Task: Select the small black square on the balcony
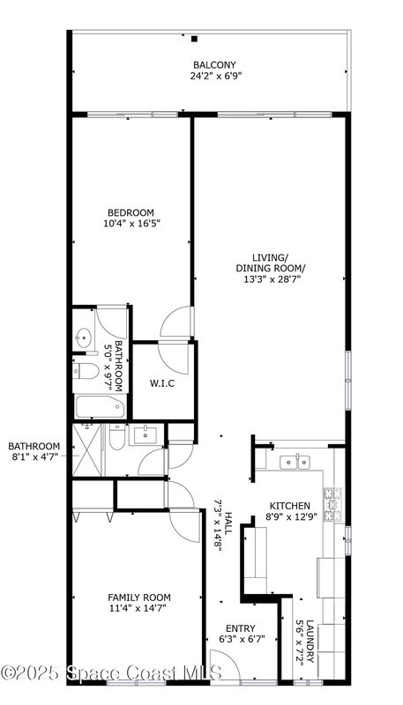[x=194, y=39]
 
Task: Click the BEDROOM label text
[x=131, y=212]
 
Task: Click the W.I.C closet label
[x=162, y=384]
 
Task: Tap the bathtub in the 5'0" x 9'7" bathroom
[x=100, y=407]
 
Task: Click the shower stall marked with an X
[x=86, y=449]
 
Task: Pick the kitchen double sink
[x=295, y=462]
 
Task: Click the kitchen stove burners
[x=332, y=504]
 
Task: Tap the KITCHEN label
[x=289, y=506]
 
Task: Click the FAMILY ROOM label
[x=139, y=597]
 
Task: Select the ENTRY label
[x=240, y=628]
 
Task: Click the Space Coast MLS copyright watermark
[x=111, y=673]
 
